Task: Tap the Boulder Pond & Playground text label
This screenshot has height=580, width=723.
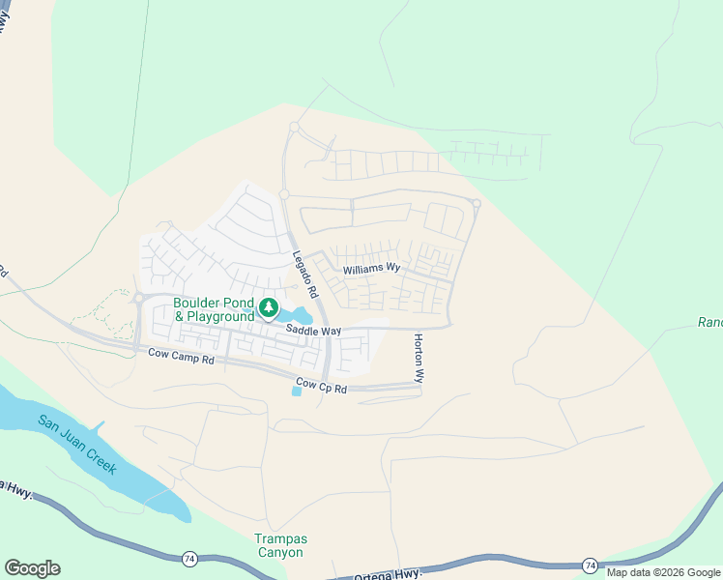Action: [214, 309]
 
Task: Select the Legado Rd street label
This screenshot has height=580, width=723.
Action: [305, 274]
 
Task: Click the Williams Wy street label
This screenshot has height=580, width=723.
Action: [371, 268]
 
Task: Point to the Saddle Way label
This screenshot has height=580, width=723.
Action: [313, 331]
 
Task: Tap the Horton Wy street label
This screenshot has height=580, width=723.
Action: [419, 359]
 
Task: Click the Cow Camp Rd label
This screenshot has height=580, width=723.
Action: [181, 355]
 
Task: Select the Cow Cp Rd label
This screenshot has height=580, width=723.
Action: [321, 385]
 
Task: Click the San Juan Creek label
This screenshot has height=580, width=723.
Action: [77, 445]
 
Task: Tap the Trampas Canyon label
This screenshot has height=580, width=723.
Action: [279, 546]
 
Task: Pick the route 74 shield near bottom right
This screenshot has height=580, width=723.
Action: [590, 564]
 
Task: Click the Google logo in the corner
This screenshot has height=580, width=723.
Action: [32, 568]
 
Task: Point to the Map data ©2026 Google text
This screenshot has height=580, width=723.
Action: [664, 572]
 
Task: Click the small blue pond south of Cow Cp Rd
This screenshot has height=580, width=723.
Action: [297, 390]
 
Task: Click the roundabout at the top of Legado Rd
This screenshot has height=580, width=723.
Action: [294, 127]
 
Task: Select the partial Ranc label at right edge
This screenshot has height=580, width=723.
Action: [709, 323]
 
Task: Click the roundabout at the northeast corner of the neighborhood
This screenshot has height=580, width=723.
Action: [477, 203]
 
